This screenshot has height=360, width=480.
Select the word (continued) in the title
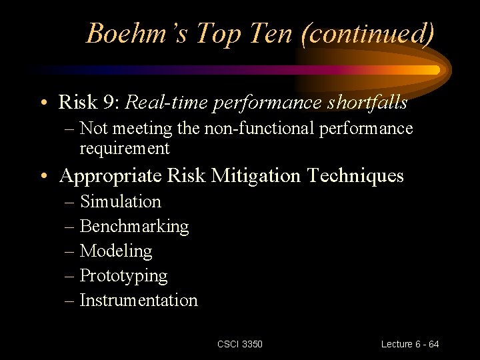click(367, 33)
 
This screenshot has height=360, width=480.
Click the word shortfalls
click(367, 102)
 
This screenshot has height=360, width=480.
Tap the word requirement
click(125, 148)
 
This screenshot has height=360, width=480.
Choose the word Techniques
click(355, 176)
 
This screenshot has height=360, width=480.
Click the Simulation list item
click(120, 201)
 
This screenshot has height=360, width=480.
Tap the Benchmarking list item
click(134, 226)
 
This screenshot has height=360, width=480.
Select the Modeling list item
click(116, 251)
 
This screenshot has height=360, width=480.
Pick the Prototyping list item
click(123, 275)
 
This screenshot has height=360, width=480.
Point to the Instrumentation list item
click(139, 300)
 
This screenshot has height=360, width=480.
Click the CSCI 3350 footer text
click(240, 344)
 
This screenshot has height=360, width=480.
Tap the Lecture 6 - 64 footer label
click(410, 344)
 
